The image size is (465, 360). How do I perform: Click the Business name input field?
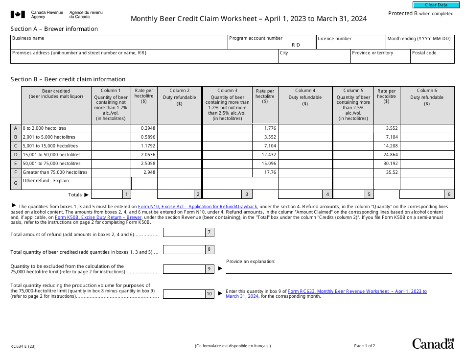pos(119,44)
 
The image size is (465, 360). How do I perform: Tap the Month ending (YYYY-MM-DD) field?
pos(419,45)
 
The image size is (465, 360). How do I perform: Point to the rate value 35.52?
pos(391,172)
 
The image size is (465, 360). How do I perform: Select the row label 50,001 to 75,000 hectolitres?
pos(51,164)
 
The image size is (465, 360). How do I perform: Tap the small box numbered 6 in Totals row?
pos(449,194)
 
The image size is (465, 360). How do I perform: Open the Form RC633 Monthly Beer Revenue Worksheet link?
pos(357,291)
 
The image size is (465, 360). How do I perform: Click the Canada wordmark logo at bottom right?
pos(433,344)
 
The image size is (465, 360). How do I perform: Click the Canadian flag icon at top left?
pos(18,15)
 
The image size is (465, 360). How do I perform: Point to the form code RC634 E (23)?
pos(23,346)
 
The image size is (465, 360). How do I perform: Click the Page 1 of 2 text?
pos(365,346)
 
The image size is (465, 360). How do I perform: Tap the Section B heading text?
pos(68,79)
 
